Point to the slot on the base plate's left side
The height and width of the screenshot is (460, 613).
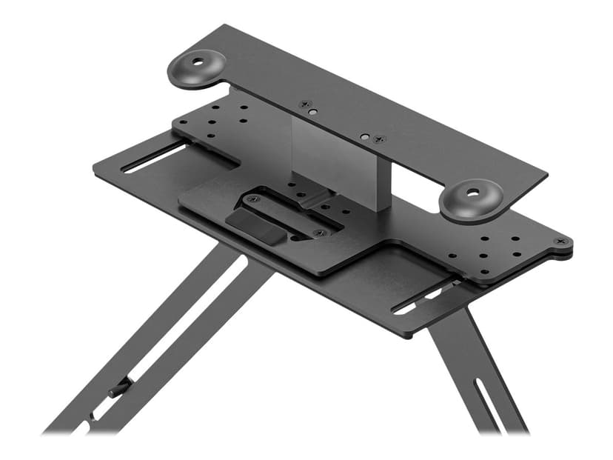point(154,158)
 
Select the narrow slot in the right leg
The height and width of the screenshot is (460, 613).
point(488,400)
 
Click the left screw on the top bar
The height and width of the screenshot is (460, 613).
point(303,105)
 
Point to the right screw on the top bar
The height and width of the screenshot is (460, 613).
point(380,139)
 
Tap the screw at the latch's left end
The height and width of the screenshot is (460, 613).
point(247,199)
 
